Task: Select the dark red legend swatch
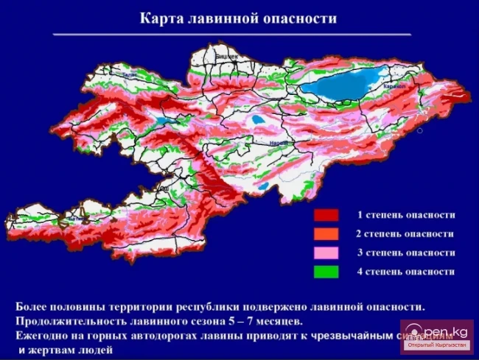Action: click(x=326, y=216)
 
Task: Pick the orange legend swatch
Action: click(x=326, y=234)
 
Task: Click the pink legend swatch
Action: click(x=326, y=253)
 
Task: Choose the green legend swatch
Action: click(x=326, y=272)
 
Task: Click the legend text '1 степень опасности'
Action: click(x=405, y=215)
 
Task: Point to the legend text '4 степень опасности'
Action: click(x=405, y=272)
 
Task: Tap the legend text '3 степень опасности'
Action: click(x=405, y=253)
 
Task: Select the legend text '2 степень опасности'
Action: click(x=405, y=233)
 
